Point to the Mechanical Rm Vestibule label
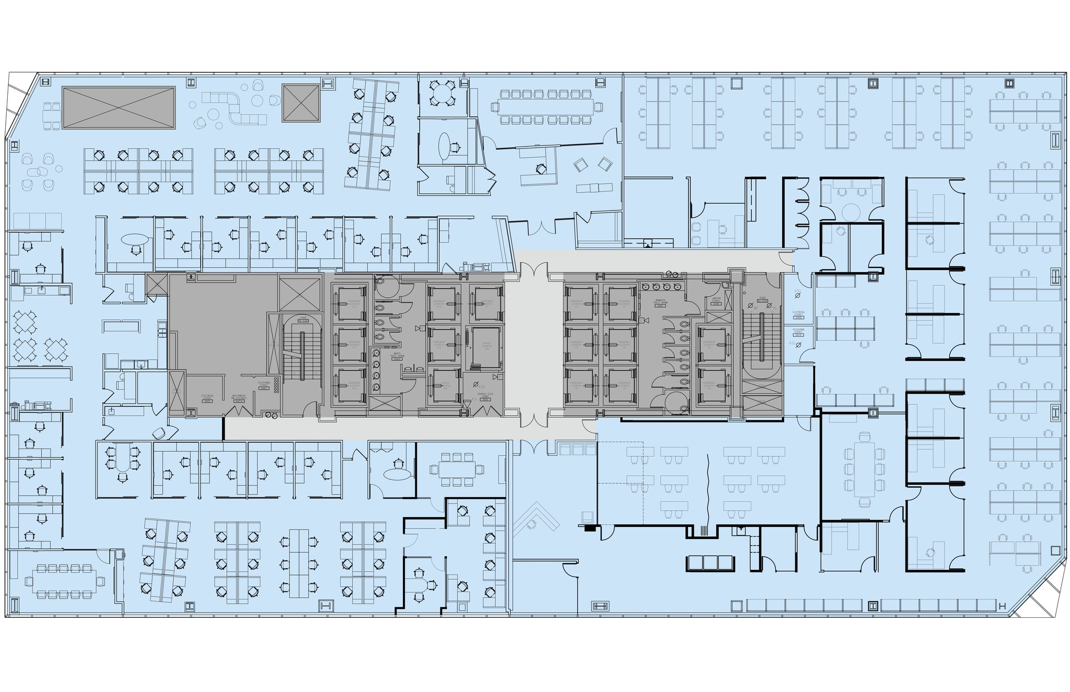239,397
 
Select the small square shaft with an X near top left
300,103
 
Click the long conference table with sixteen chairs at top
546,107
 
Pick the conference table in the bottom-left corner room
68,581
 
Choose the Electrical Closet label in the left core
207,398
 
